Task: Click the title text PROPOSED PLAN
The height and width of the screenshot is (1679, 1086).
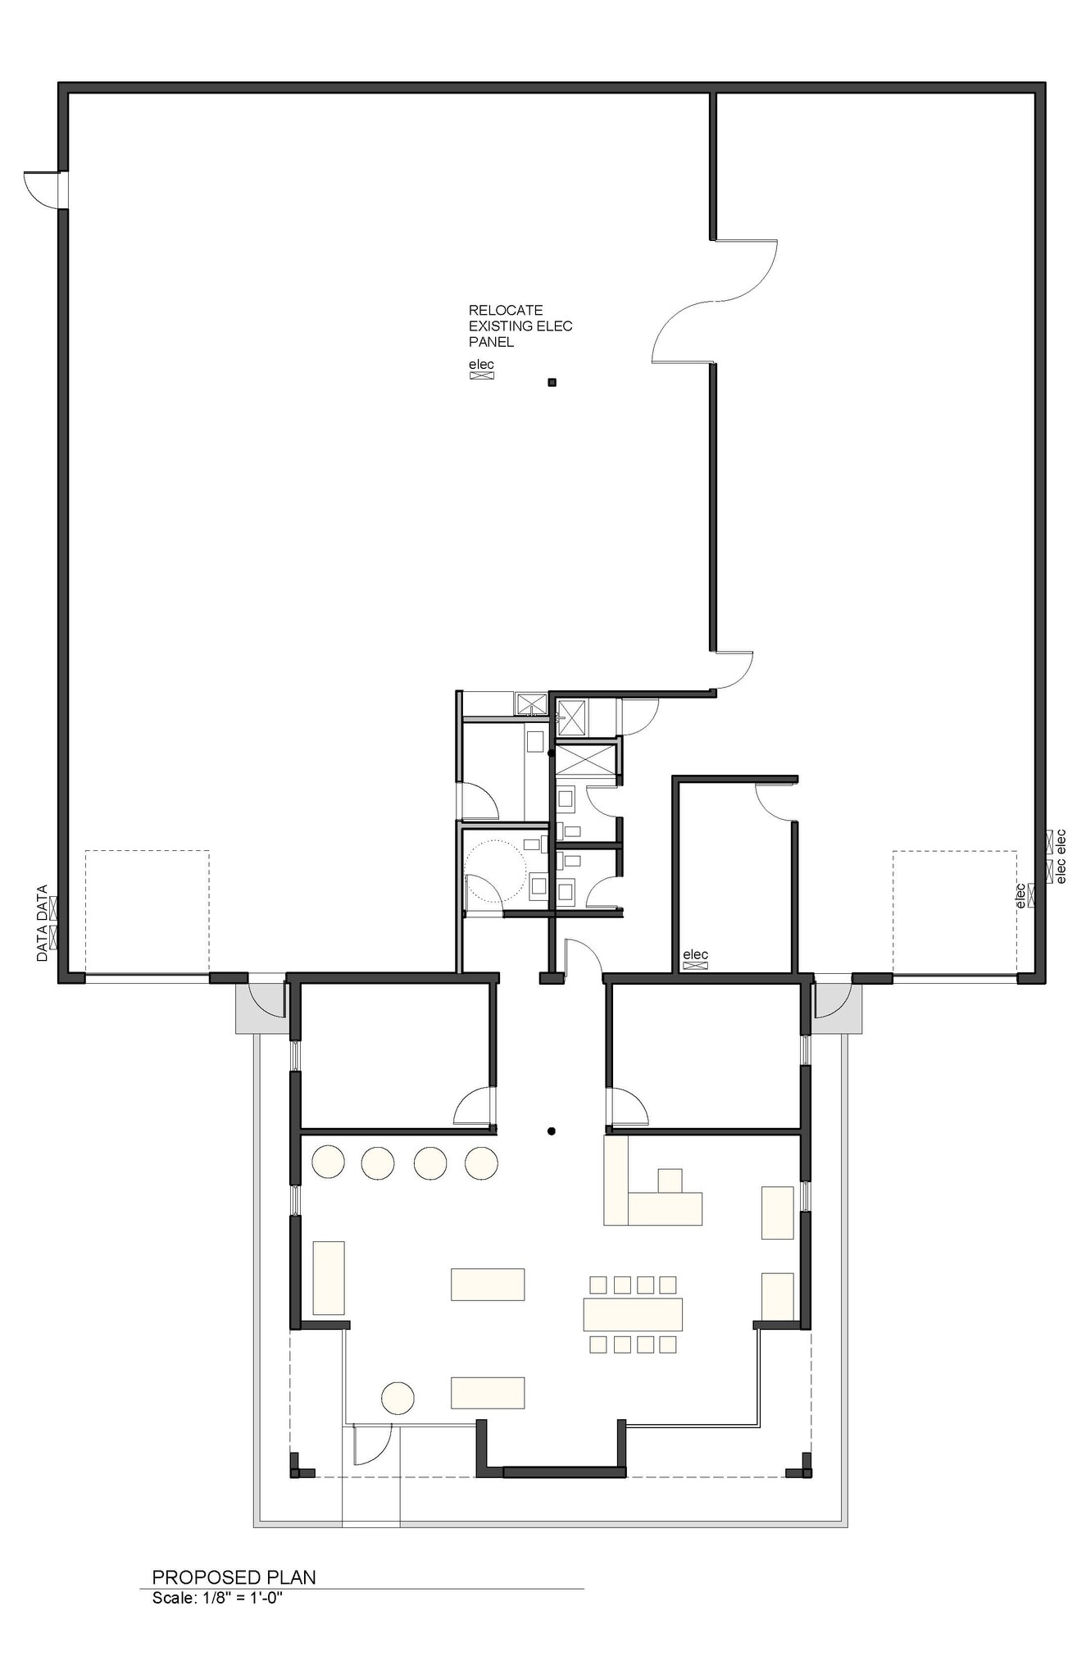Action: click(234, 1577)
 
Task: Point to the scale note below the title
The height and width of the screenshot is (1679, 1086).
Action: click(217, 1597)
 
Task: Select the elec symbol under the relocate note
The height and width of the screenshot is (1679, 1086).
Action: click(481, 375)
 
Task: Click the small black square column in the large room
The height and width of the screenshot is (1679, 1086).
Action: click(552, 382)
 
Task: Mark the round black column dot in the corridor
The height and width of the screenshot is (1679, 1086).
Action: click(552, 1131)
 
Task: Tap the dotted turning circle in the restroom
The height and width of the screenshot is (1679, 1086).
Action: click(495, 871)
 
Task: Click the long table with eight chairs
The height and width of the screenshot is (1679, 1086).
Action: click(633, 1313)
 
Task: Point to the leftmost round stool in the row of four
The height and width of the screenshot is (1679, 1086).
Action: click(328, 1162)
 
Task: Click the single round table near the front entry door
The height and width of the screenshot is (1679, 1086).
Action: click(398, 1398)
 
